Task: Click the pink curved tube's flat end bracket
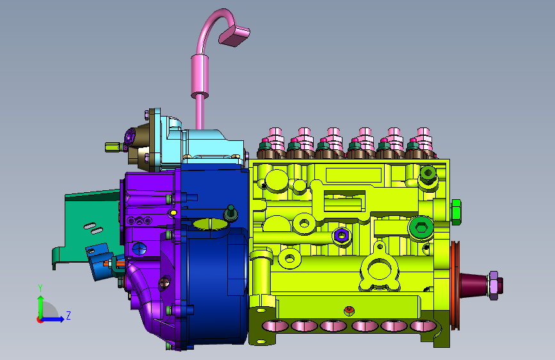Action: pos(234,36)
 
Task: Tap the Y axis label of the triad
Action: pos(40,288)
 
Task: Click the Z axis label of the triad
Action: pos(68,315)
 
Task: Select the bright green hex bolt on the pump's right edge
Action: pos(456,212)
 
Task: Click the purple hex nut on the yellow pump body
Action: pos(342,235)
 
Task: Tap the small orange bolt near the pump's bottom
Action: pos(349,311)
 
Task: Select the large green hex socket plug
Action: pos(421,227)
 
